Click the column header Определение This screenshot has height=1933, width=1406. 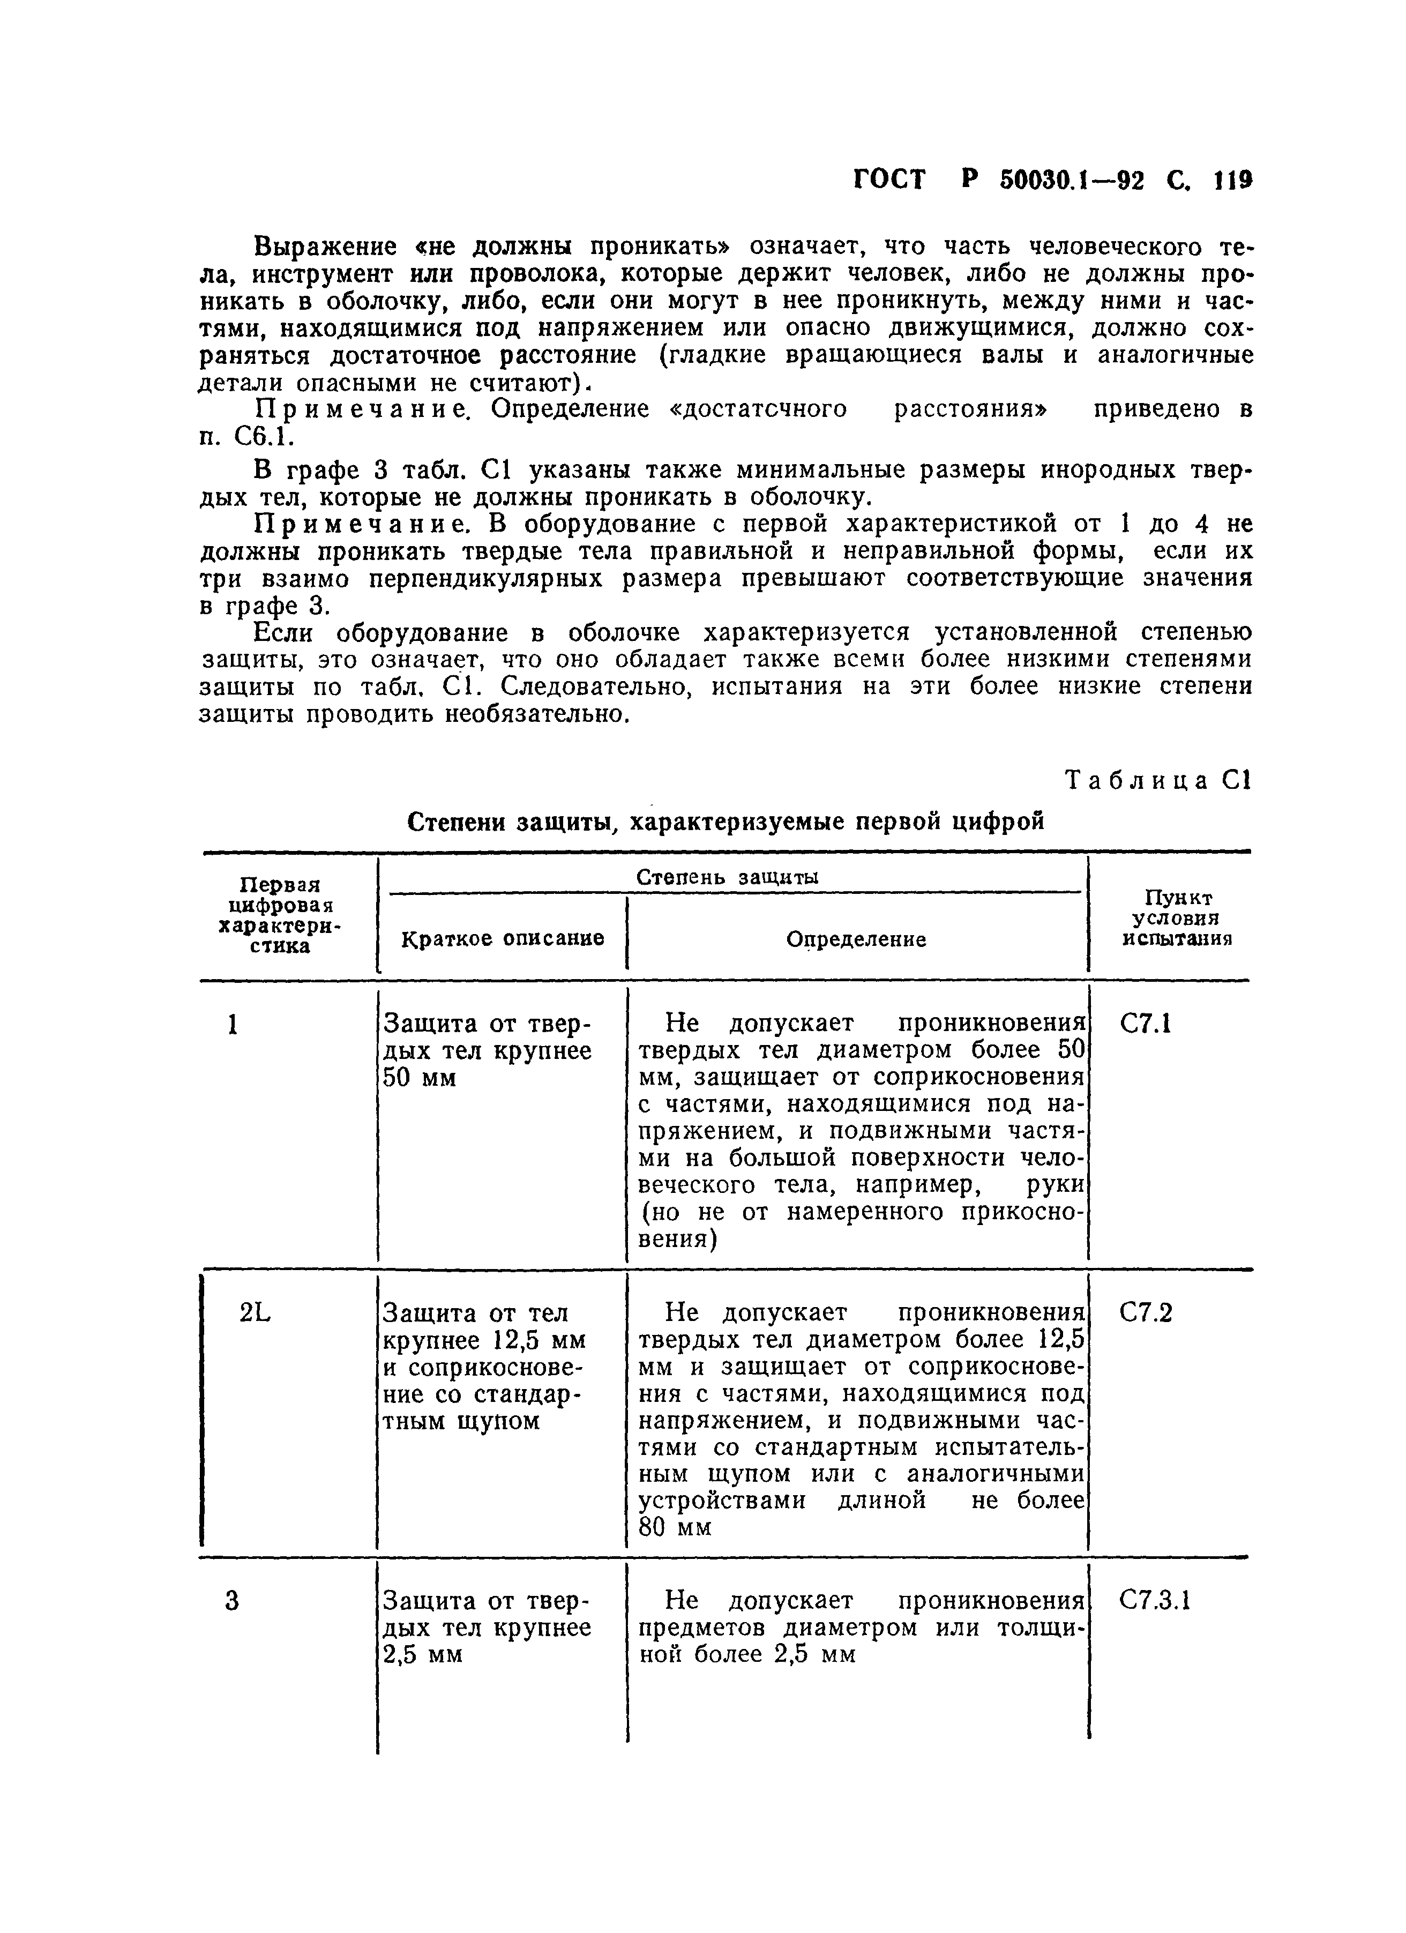856,939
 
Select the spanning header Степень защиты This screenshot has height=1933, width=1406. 729,877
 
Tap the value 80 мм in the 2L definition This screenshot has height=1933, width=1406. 674,1528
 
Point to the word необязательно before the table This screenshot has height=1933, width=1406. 537,714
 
